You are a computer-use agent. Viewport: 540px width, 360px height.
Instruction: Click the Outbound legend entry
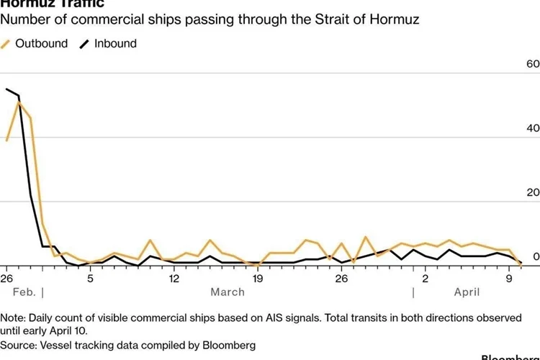point(41,43)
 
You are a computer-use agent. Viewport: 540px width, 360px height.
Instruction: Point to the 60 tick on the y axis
point(533,64)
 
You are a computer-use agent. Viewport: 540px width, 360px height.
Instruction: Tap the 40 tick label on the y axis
point(533,128)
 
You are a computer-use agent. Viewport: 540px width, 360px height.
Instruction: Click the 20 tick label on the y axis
point(533,192)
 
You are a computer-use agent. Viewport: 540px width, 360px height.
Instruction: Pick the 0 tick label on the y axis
point(536,256)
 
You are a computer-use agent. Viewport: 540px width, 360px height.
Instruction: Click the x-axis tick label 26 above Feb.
point(6,279)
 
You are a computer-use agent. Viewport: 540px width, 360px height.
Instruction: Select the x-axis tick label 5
point(90,279)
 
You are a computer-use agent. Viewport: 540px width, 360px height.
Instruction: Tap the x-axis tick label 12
point(174,279)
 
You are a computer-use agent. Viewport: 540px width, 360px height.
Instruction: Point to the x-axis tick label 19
point(257,279)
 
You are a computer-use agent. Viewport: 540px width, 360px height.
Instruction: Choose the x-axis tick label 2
point(425,279)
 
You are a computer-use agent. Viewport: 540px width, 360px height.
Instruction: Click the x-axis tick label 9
point(508,279)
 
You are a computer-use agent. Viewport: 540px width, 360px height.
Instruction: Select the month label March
point(228,292)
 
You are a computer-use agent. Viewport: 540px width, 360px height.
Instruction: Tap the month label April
point(467,292)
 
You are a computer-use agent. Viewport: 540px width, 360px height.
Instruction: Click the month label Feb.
point(24,292)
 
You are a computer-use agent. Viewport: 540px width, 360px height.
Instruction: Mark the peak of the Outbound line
point(19,102)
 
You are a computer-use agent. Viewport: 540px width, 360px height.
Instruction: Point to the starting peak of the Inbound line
point(6,89)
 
